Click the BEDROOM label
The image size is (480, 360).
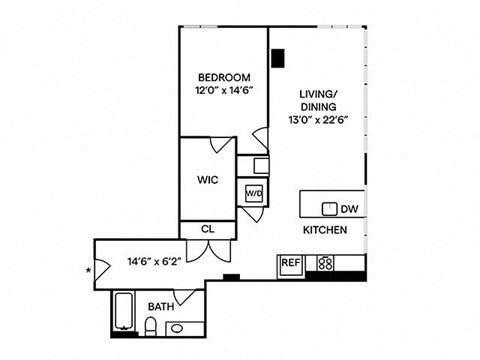pyautogui.click(x=223, y=77)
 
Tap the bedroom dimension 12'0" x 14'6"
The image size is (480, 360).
pyautogui.click(x=223, y=91)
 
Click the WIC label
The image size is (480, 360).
pyautogui.click(x=208, y=182)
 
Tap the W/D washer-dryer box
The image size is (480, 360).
pyautogui.click(x=255, y=192)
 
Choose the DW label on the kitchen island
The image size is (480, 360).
pyautogui.click(x=349, y=210)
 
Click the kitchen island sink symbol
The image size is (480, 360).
pyautogui.click(x=327, y=209)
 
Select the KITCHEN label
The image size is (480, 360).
pyautogui.click(x=325, y=230)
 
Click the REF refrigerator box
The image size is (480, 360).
pyautogui.click(x=290, y=264)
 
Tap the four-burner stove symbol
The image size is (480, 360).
pyautogui.click(x=324, y=264)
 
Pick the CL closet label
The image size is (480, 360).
pyautogui.click(x=208, y=229)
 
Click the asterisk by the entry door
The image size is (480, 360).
pyautogui.click(x=89, y=270)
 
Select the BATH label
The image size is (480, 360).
pyautogui.click(x=160, y=306)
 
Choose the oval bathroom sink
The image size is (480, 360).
pyautogui.click(x=176, y=328)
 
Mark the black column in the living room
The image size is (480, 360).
pyautogui.click(x=277, y=60)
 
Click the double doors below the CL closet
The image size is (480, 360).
pyautogui.click(x=208, y=248)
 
